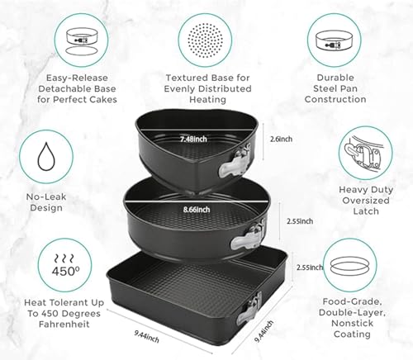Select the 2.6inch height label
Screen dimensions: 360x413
(282, 140)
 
